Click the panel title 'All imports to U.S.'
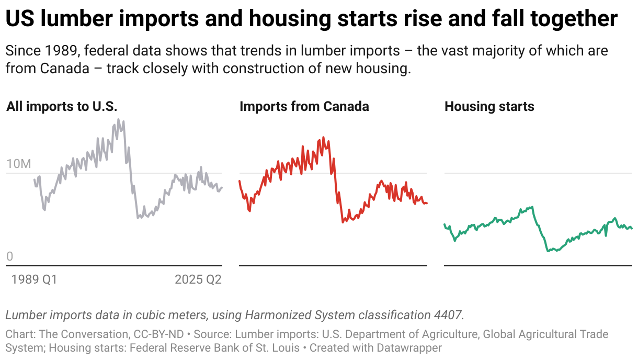point(62,107)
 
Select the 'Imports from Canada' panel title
point(304,107)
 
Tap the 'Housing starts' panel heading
point(489,107)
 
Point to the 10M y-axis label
point(19,164)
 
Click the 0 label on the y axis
point(9,257)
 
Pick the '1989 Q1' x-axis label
point(34,280)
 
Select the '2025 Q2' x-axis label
point(198,280)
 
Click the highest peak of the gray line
point(118,120)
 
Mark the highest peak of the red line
point(323,138)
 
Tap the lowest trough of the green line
point(548,251)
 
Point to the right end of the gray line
point(221,188)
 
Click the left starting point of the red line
point(239,181)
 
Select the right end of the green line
point(632,228)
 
